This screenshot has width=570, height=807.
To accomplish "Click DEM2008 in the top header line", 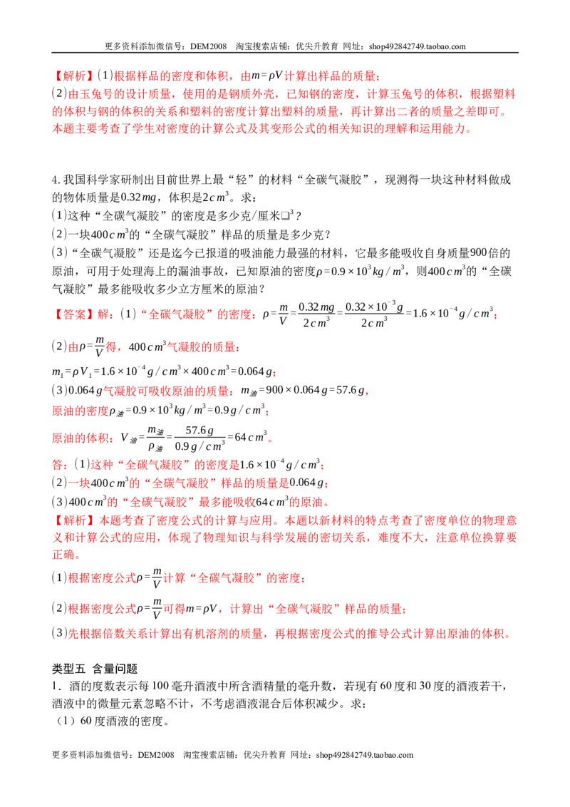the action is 208,46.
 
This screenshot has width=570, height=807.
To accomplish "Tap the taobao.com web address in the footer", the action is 365,755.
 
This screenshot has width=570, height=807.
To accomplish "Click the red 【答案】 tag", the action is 73,314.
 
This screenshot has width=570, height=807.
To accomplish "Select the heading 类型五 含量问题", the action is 95,669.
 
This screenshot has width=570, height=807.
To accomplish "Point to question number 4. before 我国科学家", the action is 56,180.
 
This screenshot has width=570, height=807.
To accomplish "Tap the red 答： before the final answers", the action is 60,465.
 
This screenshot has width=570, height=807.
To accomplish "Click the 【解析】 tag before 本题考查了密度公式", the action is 73,520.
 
